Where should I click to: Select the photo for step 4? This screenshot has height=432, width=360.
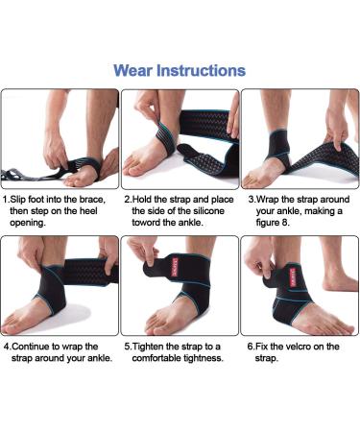(x=60, y=285)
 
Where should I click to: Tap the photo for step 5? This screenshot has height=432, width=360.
(x=180, y=285)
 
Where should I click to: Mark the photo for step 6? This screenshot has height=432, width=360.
(x=300, y=285)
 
